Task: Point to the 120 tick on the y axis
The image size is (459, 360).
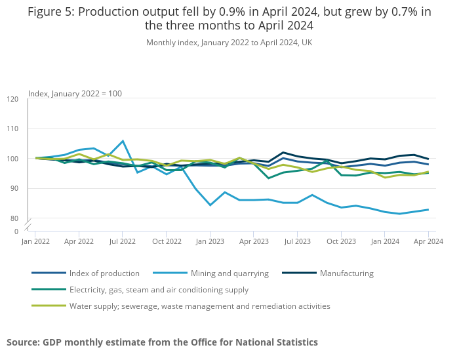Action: (x=13, y=99)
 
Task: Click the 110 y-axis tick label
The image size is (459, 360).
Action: (x=13, y=129)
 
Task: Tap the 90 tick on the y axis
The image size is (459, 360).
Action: (x=14, y=189)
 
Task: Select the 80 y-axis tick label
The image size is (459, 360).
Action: (x=14, y=218)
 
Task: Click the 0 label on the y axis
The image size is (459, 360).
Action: (x=16, y=231)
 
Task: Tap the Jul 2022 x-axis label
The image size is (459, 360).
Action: (x=123, y=242)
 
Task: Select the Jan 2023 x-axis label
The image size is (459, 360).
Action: (x=210, y=242)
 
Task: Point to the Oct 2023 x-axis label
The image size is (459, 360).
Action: (x=341, y=242)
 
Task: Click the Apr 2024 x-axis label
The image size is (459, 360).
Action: (x=428, y=242)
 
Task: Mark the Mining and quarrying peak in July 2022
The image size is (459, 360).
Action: (x=123, y=141)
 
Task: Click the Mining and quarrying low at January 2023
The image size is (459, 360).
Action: (x=210, y=205)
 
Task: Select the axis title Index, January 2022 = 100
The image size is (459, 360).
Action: (x=75, y=94)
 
